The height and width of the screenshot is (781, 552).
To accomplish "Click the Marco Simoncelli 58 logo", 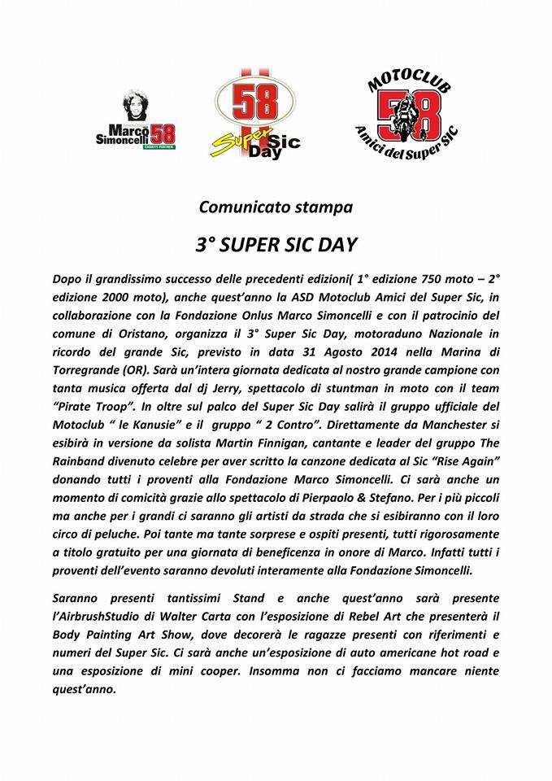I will pyautogui.click(x=135, y=120).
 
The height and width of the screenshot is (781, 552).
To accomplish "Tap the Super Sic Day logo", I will pyautogui.click(x=254, y=114).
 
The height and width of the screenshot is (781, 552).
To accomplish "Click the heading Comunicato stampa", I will pyautogui.click(x=276, y=207).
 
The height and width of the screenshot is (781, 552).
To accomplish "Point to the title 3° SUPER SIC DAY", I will pyautogui.click(x=276, y=243).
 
